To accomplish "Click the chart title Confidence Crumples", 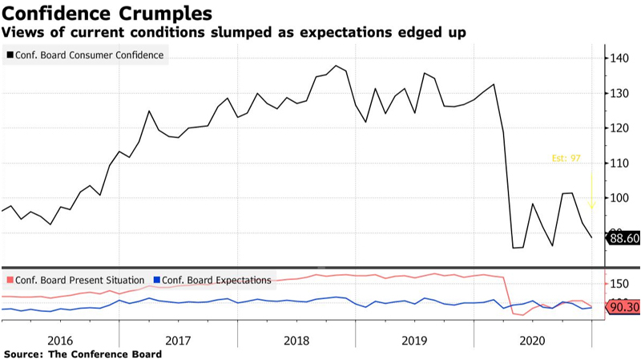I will (109, 14).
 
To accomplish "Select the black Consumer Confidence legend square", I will (9, 55).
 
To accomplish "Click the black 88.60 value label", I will (623, 237).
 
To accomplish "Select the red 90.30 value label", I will (623, 307).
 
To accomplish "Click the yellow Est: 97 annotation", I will (566, 158).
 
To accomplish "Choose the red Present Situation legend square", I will (9, 280).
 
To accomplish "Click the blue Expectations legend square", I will (157, 280).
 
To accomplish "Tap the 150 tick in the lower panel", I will (619, 284).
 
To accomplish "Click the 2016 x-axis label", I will (60, 340).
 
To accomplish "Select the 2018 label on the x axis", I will (296, 340).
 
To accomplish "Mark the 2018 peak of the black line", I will (335, 66).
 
